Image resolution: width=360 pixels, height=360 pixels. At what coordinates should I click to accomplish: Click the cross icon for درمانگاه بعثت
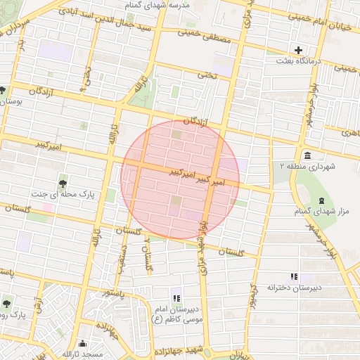299,50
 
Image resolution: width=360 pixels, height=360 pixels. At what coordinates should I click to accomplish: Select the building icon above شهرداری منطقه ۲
307,155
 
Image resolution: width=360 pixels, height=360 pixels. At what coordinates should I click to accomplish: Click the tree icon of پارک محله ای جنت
64,184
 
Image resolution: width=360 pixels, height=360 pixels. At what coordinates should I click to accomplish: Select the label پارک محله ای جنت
63,193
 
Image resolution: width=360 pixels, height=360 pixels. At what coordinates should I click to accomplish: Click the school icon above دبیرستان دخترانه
294,276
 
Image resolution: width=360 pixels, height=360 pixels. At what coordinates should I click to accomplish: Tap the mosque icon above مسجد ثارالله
84,344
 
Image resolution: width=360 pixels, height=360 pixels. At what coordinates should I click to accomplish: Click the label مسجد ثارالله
83,354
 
